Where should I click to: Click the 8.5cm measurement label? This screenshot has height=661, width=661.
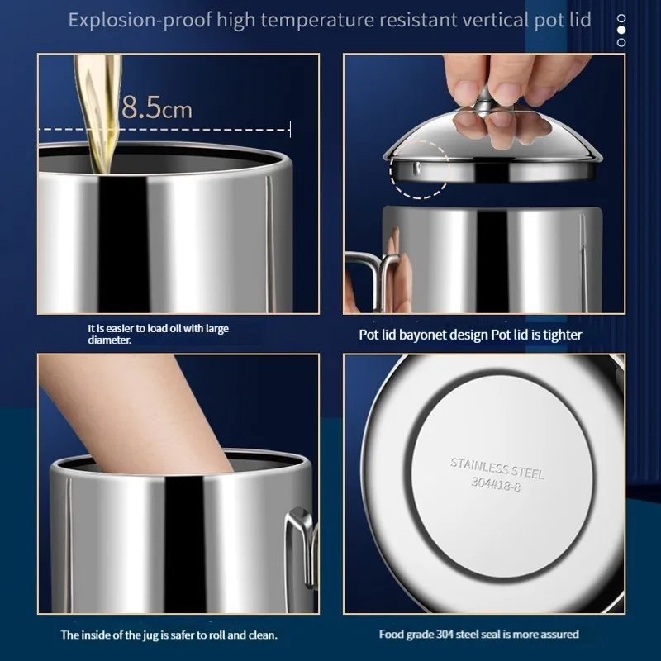[156, 108]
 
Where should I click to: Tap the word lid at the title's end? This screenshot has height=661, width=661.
[579, 20]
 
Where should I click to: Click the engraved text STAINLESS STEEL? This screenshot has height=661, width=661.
[497, 468]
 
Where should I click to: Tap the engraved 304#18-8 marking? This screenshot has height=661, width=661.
[497, 486]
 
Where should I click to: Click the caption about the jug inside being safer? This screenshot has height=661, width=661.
[169, 635]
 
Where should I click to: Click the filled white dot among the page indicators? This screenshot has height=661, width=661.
[621, 30]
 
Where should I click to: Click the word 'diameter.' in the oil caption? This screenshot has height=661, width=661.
[109, 340]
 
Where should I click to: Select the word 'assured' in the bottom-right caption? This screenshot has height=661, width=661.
[559, 635]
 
